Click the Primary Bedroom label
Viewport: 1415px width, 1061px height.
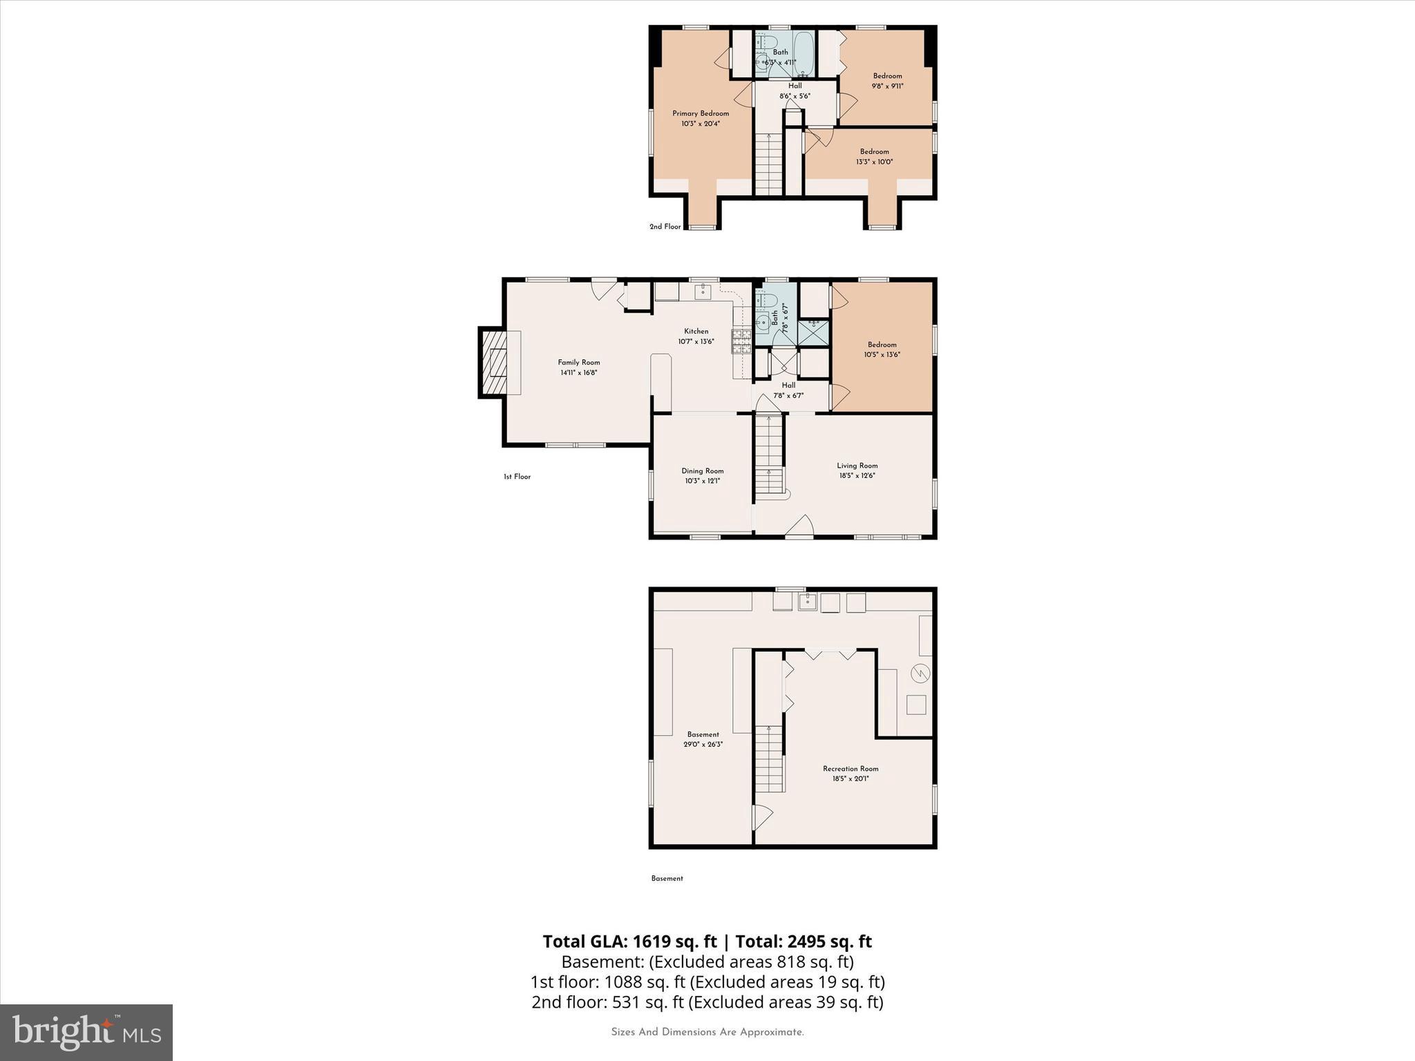click(701, 113)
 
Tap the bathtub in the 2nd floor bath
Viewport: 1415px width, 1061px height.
click(804, 53)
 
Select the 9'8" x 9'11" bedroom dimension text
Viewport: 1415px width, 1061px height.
click(887, 86)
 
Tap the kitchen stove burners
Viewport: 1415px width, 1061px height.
click(741, 342)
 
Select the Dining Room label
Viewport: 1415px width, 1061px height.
click(702, 471)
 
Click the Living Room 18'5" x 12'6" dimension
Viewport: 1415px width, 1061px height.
click(857, 475)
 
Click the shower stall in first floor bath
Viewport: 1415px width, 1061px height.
click(814, 332)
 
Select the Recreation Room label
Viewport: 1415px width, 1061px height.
click(850, 768)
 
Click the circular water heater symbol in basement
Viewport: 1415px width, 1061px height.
click(920, 673)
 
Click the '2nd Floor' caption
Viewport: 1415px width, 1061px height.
click(665, 227)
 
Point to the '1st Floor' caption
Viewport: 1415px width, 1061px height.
click(517, 477)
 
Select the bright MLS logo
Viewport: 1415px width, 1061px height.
click(86, 1032)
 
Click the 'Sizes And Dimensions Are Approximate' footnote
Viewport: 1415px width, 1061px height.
click(707, 1032)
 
